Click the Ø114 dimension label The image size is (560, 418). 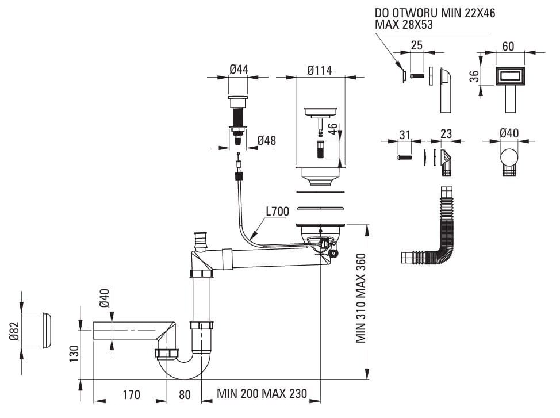(320, 70)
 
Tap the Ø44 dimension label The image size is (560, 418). (239, 70)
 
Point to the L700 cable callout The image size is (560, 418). (277, 212)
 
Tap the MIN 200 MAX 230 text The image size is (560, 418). (262, 394)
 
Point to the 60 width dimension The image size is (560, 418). (508, 46)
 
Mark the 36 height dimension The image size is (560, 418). (474, 76)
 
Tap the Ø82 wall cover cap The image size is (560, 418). (46, 331)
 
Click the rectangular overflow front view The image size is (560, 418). (509, 75)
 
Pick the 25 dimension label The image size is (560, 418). (417, 46)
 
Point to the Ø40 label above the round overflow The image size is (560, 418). (509, 133)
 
